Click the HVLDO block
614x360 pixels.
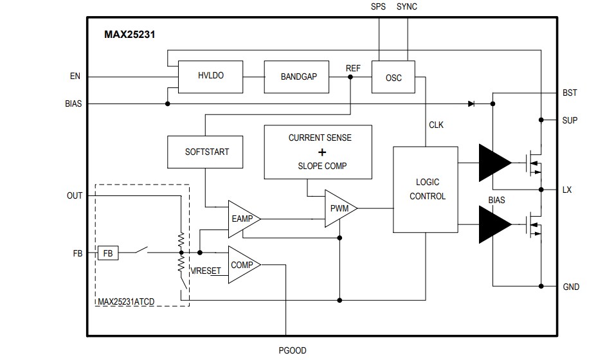click(210, 76)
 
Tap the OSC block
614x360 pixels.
click(393, 77)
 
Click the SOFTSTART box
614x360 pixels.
click(206, 152)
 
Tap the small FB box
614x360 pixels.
click(108, 253)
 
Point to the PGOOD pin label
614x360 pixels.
click(292, 351)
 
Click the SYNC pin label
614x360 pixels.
click(407, 7)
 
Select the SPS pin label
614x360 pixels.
click(379, 7)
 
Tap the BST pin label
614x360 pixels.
click(570, 93)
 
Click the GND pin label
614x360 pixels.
click(570, 287)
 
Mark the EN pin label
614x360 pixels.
click(75, 76)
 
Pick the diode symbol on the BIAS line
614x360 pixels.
click(471, 103)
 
